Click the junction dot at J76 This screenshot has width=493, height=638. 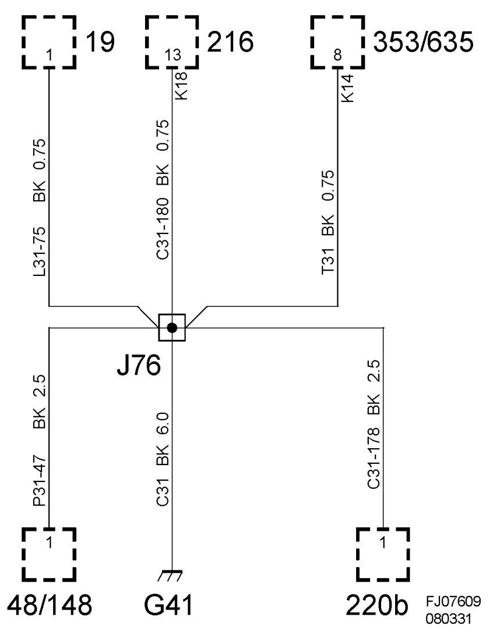tap(172, 328)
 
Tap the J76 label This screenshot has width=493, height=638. tap(139, 367)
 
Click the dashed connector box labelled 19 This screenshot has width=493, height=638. tap(50, 42)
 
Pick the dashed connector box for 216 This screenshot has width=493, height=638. tap(172, 42)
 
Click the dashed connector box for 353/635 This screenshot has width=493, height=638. tap(338, 42)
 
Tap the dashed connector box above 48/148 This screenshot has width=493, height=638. tap(50, 554)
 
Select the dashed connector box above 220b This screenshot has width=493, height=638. tap(383, 554)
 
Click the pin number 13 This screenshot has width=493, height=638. tap(172, 56)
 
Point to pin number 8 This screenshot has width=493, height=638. tap(338, 56)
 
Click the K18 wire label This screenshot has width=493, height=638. tap(182, 85)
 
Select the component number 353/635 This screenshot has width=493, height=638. tap(423, 42)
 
